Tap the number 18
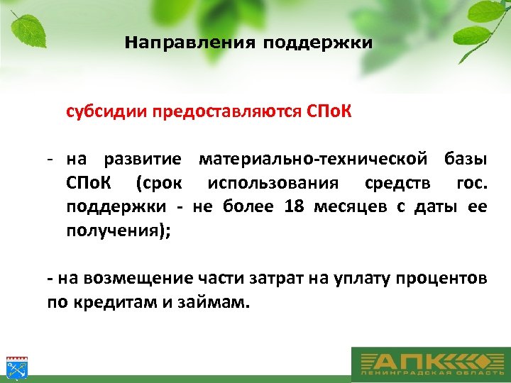point(293,207)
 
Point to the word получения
point(114,231)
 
